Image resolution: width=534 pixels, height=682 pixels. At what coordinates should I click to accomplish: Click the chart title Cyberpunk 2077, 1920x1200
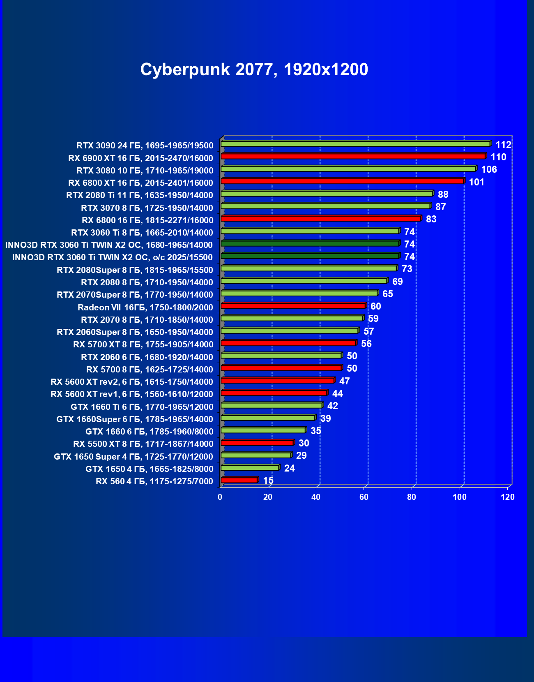(x=254, y=69)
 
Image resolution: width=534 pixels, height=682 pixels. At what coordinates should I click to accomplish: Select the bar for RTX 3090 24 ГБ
(x=355, y=144)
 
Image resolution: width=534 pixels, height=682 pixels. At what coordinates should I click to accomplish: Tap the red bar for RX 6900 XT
(x=353, y=156)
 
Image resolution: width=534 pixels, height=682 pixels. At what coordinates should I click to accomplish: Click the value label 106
(x=489, y=169)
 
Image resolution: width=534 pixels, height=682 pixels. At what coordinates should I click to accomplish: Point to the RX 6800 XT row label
(x=140, y=183)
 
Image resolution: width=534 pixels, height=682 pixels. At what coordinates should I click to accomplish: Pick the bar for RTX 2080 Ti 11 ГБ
(x=327, y=194)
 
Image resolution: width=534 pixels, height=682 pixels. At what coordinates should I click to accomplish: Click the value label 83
(x=431, y=219)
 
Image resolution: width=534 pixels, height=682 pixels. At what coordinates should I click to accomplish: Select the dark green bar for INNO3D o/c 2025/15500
(x=310, y=256)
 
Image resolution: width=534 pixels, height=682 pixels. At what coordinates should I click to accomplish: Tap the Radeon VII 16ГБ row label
(x=145, y=307)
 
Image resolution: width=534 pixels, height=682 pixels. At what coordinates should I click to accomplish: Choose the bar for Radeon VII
(x=293, y=305)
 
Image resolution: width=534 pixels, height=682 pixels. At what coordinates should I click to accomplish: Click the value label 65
(x=387, y=294)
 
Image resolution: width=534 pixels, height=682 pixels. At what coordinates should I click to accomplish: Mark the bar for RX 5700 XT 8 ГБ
(x=288, y=343)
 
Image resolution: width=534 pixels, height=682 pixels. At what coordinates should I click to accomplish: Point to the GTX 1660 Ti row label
(x=142, y=407)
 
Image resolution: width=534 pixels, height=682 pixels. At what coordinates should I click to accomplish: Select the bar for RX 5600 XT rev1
(x=274, y=393)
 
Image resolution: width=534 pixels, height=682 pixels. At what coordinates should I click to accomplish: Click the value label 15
(x=268, y=481)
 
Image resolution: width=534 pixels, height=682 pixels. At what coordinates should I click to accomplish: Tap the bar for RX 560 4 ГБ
(x=239, y=480)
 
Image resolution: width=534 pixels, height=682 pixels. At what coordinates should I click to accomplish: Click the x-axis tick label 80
(x=412, y=497)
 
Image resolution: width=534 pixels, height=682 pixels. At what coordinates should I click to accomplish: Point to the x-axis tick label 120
(x=508, y=497)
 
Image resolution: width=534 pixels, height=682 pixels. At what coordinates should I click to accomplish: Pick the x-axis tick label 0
(x=220, y=497)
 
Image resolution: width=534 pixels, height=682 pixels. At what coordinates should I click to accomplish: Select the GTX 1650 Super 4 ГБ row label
(x=133, y=457)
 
